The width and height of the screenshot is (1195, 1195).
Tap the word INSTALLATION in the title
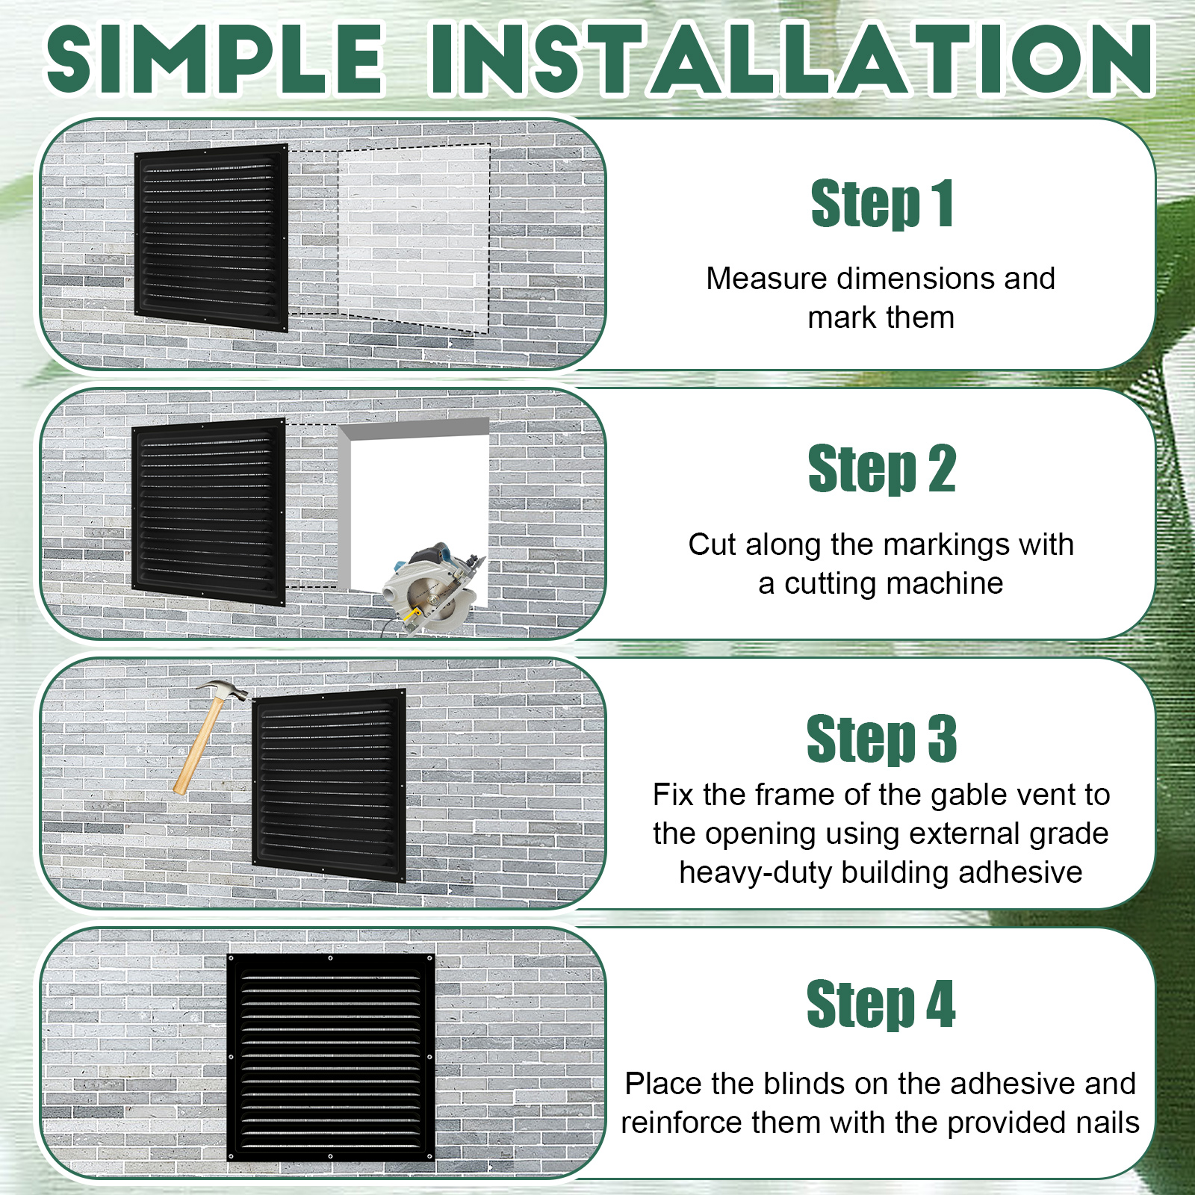tap(792, 60)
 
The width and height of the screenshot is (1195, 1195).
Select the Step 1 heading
tap(882, 203)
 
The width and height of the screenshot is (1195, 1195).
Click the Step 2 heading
tap(882, 468)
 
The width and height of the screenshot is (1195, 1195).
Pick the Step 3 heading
tap(882, 739)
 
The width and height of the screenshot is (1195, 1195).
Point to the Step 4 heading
tap(882, 1004)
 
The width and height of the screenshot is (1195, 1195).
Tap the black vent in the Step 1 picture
tap(211, 238)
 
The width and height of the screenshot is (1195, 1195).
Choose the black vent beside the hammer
tap(329, 785)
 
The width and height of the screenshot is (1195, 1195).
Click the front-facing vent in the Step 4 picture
tap(330, 1056)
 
